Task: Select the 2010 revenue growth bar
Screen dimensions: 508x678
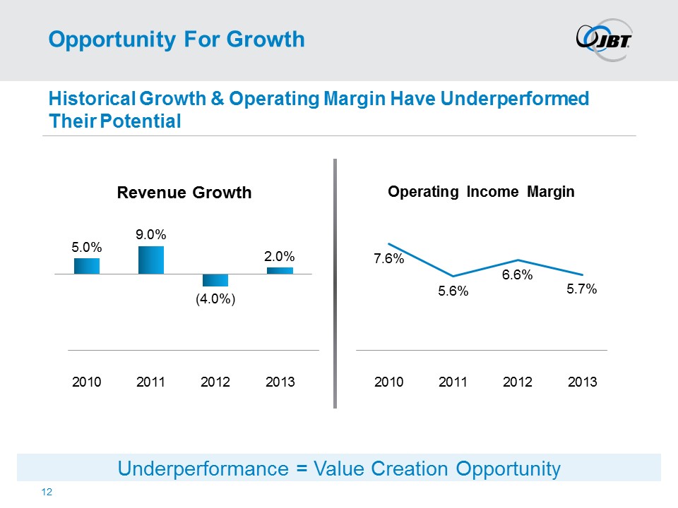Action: click(x=87, y=265)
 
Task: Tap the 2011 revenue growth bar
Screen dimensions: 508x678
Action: click(x=151, y=260)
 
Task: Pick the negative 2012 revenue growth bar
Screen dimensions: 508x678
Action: click(x=215, y=279)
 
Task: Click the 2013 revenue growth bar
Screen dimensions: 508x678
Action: click(x=280, y=270)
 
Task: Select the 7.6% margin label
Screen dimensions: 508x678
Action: click(x=388, y=259)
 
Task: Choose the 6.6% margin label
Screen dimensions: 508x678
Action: click(x=517, y=275)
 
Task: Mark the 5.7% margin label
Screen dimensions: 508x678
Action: click(x=582, y=289)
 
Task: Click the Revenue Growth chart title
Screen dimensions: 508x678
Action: click(x=184, y=193)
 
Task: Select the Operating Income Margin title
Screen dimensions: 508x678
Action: click(x=481, y=191)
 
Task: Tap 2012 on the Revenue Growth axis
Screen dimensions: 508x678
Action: click(x=215, y=382)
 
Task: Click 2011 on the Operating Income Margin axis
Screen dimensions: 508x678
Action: click(x=453, y=382)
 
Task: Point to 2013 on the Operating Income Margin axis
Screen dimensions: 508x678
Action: click(x=582, y=382)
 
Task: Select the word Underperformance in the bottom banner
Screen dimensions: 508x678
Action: click(x=187, y=468)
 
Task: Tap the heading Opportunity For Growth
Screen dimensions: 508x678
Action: click(x=176, y=40)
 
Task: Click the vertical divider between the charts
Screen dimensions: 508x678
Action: click(x=335, y=283)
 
